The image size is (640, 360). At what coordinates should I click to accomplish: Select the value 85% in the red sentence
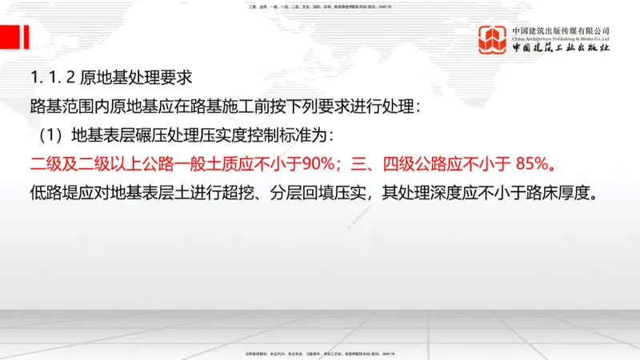click(530, 166)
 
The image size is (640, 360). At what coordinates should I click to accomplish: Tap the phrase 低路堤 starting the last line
click(49, 194)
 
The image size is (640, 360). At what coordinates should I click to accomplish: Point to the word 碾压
click(147, 135)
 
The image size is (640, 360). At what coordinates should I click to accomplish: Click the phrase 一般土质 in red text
click(213, 166)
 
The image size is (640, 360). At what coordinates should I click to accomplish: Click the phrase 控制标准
click(282, 135)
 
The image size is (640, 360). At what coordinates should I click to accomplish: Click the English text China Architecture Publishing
click(561, 38)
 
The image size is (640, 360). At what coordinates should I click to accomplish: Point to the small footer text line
click(320, 354)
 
